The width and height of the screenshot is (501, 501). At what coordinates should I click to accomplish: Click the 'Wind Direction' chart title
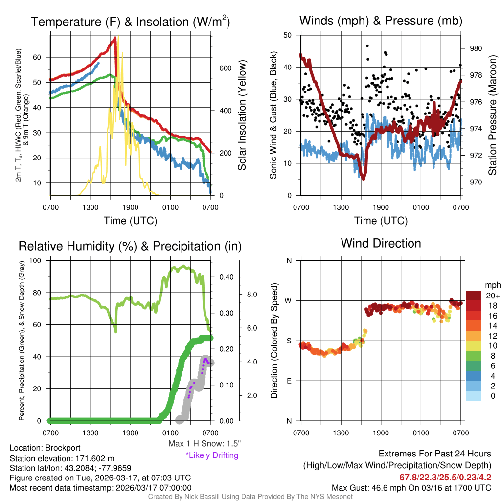(x=381, y=243)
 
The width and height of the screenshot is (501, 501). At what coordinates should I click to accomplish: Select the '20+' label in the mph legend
(x=492, y=296)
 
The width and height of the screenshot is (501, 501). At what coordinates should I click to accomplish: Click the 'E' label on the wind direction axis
(x=289, y=381)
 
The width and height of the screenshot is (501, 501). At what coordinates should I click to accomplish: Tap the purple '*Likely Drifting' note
(x=212, y=455)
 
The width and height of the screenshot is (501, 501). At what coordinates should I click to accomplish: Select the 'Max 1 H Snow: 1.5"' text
(x=204, y=444)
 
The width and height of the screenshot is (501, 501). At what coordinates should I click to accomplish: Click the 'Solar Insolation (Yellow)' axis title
(x=242, y=115)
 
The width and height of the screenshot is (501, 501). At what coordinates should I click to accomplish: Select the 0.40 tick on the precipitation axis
(x=227, y=277)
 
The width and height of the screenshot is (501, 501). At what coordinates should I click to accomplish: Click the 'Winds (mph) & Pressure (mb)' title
(x=381, y=21)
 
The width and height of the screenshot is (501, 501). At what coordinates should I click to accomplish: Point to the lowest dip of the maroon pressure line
(x=364, y=178)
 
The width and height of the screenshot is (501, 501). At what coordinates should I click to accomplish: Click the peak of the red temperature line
(x=115, y=38)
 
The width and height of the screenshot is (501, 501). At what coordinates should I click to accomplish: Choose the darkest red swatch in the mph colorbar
(x=473, y=296)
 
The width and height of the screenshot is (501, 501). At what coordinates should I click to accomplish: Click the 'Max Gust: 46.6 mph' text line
(x=411, y=487)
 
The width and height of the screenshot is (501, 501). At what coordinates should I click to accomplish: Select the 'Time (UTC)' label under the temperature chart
(x=131, y=221)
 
